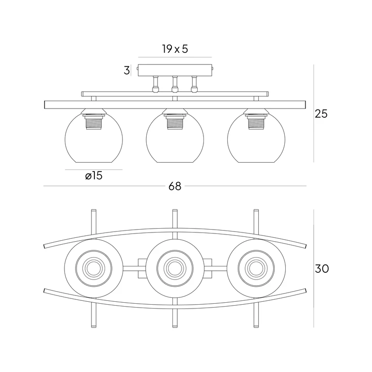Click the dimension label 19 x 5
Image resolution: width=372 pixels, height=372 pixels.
point(175,49)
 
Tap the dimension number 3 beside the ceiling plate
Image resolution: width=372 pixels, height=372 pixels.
point(127,70)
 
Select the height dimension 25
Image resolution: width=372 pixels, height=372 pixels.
point(321,114)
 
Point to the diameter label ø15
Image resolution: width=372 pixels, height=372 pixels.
point(93,176)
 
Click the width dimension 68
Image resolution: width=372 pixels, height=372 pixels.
point(175,186)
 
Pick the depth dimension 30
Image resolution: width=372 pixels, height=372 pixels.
point(322,269)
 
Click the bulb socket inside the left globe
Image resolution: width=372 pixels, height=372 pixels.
point(93,122)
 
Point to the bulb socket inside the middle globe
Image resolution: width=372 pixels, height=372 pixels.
point(175,122)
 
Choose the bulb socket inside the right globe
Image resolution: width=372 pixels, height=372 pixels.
point(256,122)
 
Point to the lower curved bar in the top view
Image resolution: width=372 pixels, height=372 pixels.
point(175,305)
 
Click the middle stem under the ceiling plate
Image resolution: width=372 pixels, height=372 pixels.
point(175,83)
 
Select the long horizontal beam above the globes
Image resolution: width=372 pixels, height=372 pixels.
point(175,105)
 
